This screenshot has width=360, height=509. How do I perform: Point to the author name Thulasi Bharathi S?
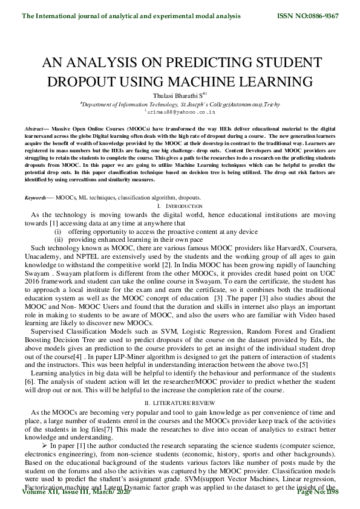pos(178,95)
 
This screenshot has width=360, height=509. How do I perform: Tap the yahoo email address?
pos(180,112)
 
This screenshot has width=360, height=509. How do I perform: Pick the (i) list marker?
pos(58,232)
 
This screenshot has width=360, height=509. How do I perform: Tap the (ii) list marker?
pos(59,240)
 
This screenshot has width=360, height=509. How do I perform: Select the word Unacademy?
pos(35,257)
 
